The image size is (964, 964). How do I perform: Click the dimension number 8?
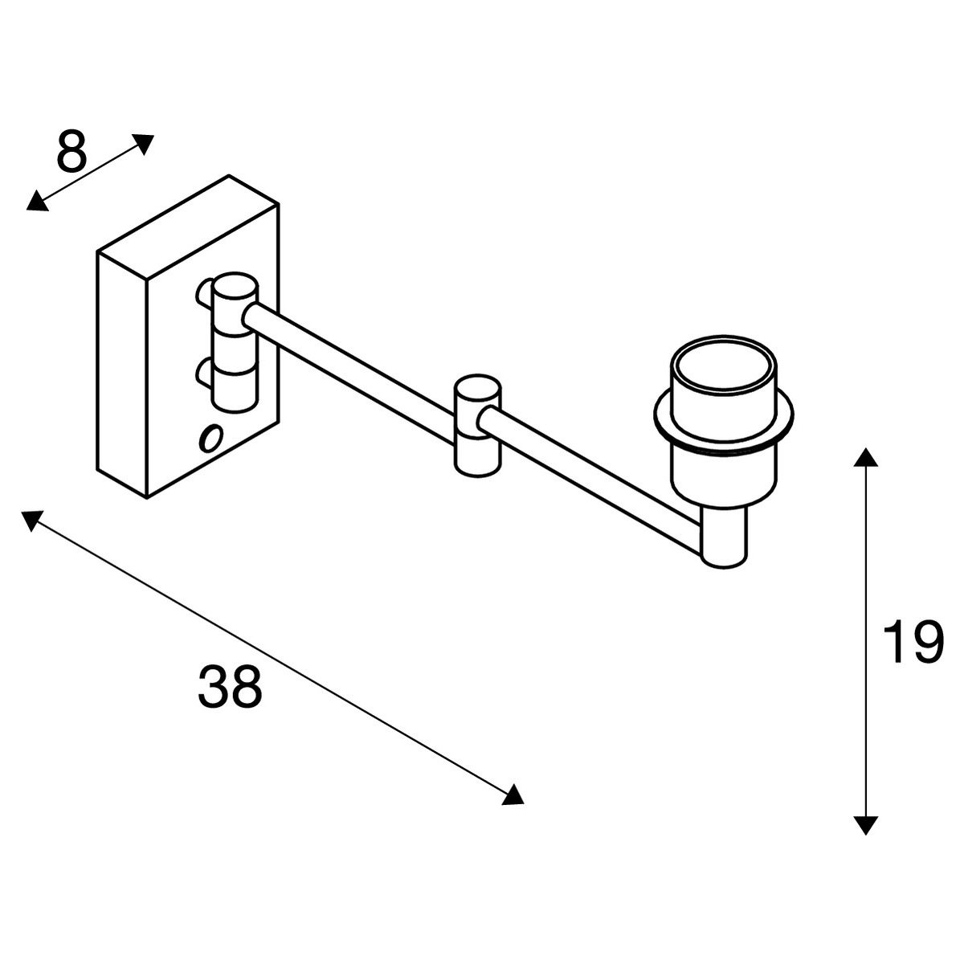click(72, 150)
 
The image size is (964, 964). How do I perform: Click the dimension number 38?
click(230, 686)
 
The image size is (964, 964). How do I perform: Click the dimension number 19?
click(912, 642)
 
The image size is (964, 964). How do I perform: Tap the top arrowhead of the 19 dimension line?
click(865, 458)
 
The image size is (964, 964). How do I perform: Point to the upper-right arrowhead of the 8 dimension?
click(144, 143)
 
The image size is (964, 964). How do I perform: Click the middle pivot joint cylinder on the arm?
click(477, 425)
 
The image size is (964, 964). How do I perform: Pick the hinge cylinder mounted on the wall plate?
click(235, 343)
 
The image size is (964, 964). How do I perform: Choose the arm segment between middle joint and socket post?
click(591, 482)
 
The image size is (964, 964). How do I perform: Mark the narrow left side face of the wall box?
click(121, 375)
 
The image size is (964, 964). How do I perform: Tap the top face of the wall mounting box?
click(188, 227)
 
